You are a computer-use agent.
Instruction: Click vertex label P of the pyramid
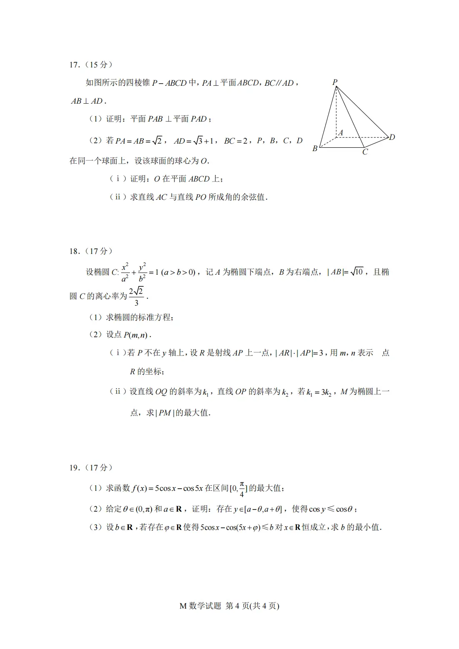[334, 82]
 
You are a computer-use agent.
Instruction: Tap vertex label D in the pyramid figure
[392, 137]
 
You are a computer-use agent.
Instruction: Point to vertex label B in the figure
[315, 149]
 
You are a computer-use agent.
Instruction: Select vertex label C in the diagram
[365, 152]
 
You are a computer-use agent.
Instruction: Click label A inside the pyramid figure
[341, 133]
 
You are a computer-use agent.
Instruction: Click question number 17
[74, 65]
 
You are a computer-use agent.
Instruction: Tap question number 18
[74, 251]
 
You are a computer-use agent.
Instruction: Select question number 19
[74, 468]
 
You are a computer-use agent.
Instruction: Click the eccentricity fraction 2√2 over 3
[136, 296]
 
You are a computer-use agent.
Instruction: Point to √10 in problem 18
[357, 272]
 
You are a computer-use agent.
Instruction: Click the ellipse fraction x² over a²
[125, 272]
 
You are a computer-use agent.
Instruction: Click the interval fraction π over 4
[242, 489]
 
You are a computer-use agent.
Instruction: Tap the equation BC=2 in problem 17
[236, 141]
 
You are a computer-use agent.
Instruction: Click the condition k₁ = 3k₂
[319, 392]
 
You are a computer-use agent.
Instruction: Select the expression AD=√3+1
[193, 141]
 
